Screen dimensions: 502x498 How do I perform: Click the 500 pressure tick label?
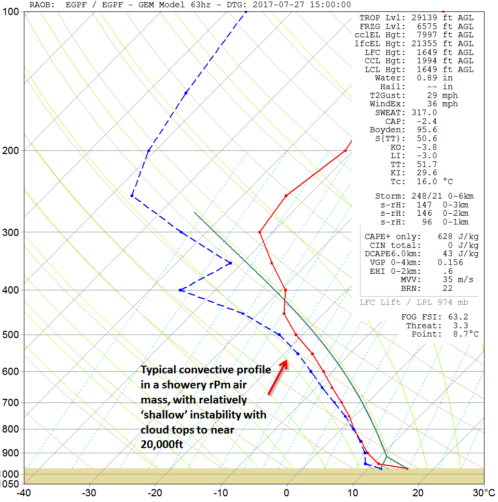10,335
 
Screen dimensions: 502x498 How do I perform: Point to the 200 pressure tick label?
10,150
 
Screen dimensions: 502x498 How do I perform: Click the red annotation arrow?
278,377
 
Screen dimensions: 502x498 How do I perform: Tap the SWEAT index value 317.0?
427,113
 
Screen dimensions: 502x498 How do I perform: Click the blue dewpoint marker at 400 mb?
180,290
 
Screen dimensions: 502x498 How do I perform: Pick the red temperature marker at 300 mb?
260,232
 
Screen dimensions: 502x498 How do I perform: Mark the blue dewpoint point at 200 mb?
149,150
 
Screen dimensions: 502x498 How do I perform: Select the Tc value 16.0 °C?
427,182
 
